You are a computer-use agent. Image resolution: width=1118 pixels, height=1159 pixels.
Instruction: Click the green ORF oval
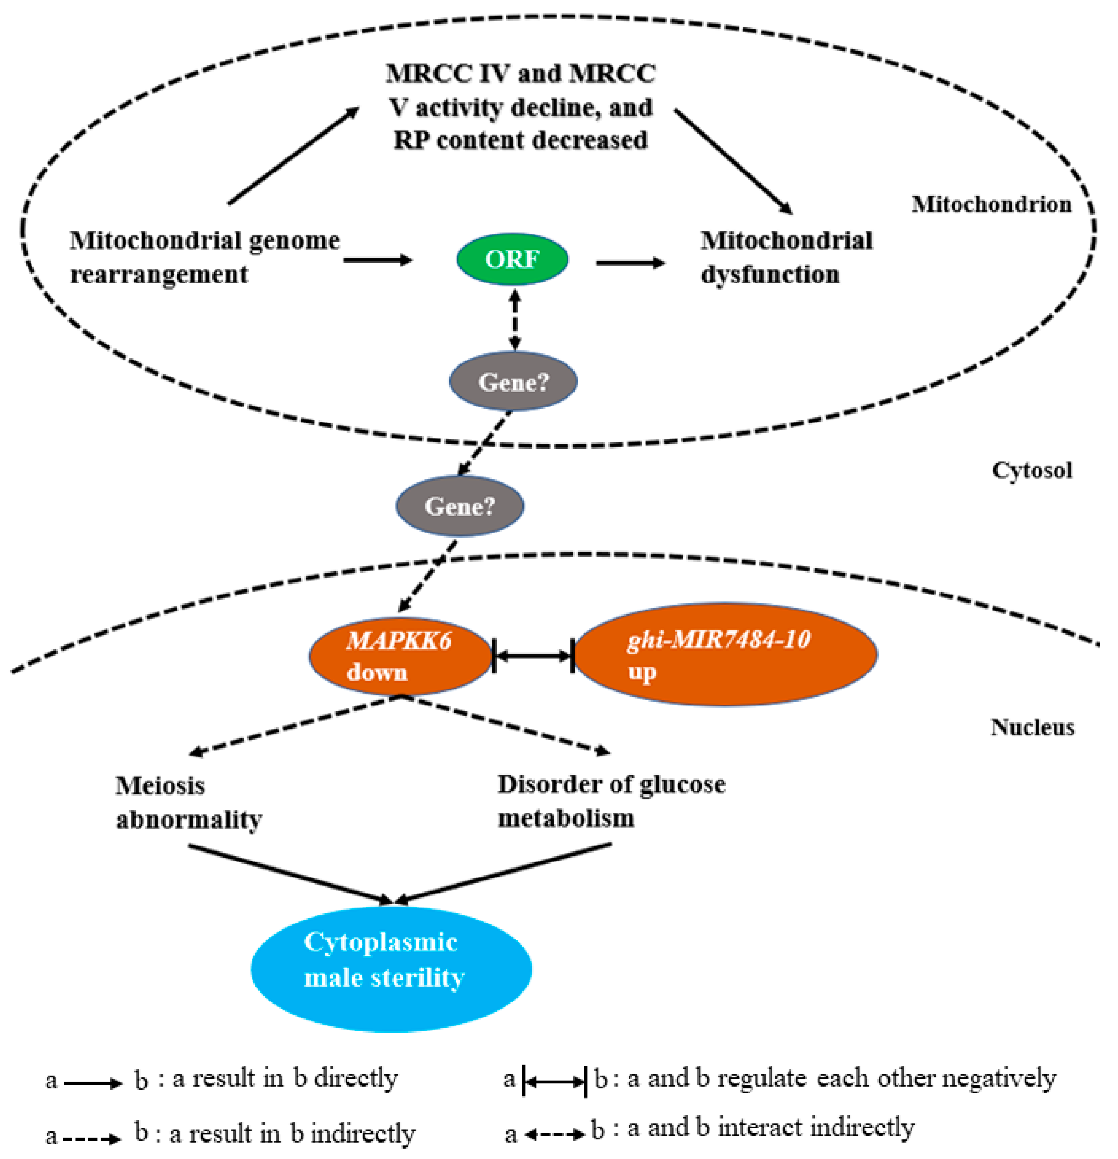coord(512,259)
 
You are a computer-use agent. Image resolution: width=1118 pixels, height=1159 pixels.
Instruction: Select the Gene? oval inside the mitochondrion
coord(513,381)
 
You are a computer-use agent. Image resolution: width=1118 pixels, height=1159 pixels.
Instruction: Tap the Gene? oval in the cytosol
coord(459,505)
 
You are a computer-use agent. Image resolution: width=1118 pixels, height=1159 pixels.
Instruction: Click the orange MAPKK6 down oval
coord(400,656)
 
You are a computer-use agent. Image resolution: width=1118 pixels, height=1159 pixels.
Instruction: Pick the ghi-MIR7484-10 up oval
coord(724,655)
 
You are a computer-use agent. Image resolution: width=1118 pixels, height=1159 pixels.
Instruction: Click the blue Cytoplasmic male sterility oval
coord(391,970)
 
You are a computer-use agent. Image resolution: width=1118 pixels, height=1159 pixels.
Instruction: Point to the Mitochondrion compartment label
coord(991,204)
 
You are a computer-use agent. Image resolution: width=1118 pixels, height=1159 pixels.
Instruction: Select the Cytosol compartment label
coord(1032,470)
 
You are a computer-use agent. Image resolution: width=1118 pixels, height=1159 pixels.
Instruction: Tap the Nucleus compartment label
coord(1032,727)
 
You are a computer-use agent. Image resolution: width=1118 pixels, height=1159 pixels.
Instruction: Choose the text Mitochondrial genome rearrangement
coord(204,257)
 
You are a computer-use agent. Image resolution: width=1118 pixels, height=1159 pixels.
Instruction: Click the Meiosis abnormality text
coord(188,802)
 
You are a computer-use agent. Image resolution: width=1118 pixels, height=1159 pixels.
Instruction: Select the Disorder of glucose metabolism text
coord(611,801)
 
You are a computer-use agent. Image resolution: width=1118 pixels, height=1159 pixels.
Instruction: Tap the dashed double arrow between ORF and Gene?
coord(515,319)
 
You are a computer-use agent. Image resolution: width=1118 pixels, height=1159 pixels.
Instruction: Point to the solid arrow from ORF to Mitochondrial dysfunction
coord(630,263)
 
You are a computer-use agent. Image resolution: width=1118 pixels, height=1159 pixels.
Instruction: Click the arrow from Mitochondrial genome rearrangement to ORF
coord(378,260)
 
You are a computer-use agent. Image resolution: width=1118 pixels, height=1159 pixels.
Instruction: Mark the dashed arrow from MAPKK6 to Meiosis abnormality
coord(296,725)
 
